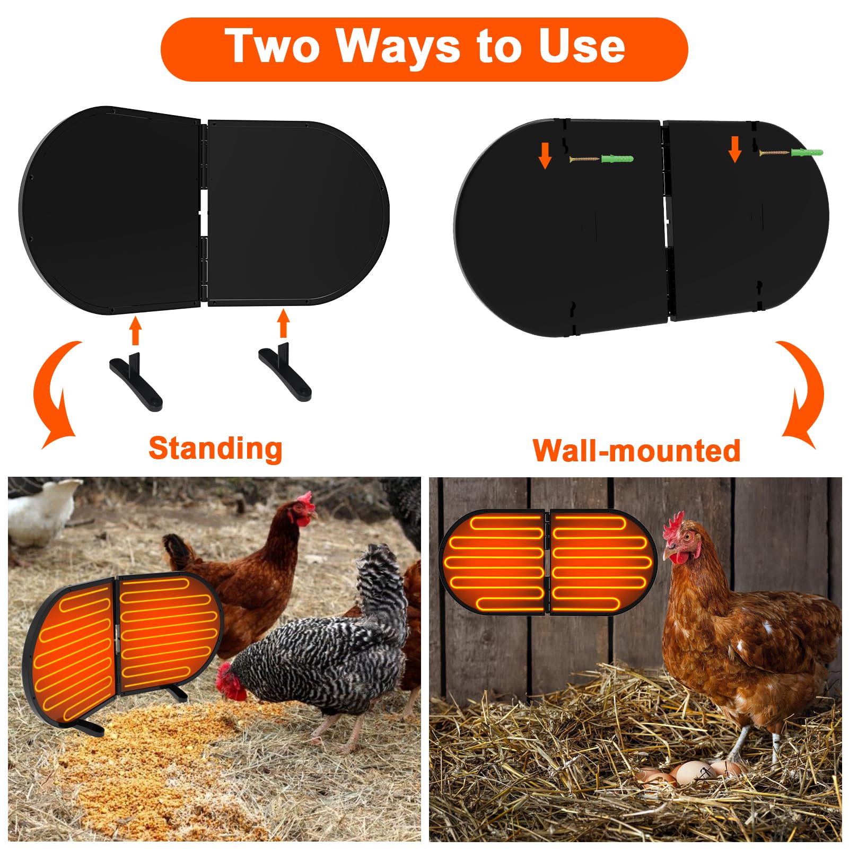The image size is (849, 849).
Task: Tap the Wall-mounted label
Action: pyautogui.click(x=636, y=451)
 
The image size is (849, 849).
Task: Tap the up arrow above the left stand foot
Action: pyautogui.click(x=136, y=330)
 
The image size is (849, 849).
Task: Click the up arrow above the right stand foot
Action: pyautogui.click(x=284, y=323)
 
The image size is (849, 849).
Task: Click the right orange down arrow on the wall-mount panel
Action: pyautogui.click(x=734, y=149)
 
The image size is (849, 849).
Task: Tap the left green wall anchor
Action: pyautogui.click(x=617, y=159)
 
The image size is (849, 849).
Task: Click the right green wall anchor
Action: pyautogui.click(x=807, y=153)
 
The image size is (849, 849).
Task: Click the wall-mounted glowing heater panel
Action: pyautogui.click(x=548, y=562)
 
